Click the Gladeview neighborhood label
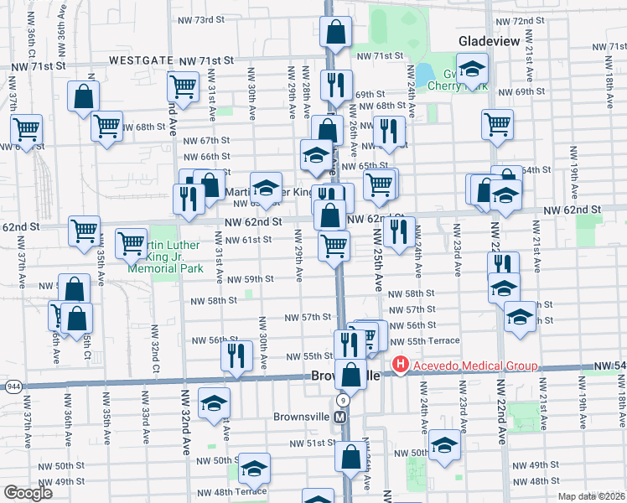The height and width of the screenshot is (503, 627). (x=490, y=41)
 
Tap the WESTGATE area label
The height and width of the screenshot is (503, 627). (x=141, y=61)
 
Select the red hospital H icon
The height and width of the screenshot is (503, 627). (x=400, y=365)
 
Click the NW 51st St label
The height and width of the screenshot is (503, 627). (x=307, y=443)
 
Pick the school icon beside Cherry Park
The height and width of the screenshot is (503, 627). (x=473, y=70)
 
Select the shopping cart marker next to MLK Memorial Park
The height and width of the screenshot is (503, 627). (x=132, y=243)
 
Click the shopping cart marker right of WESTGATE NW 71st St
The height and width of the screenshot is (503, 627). (x=182, y=85)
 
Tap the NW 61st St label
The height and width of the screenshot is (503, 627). (x=250, y=240)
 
